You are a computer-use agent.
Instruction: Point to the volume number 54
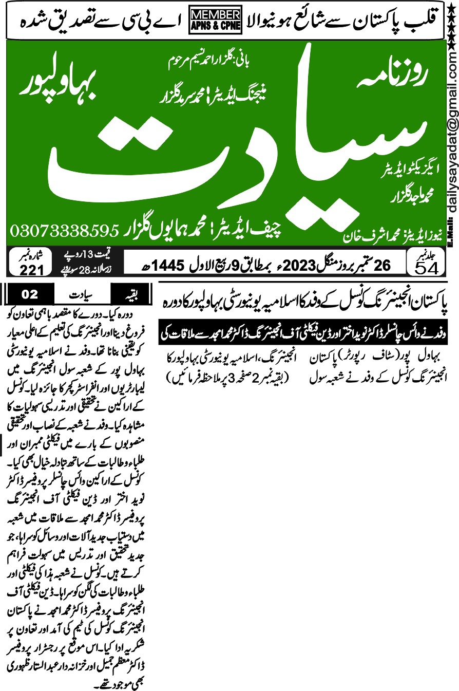point(420,267)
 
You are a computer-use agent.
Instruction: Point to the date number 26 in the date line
point(382,265)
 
